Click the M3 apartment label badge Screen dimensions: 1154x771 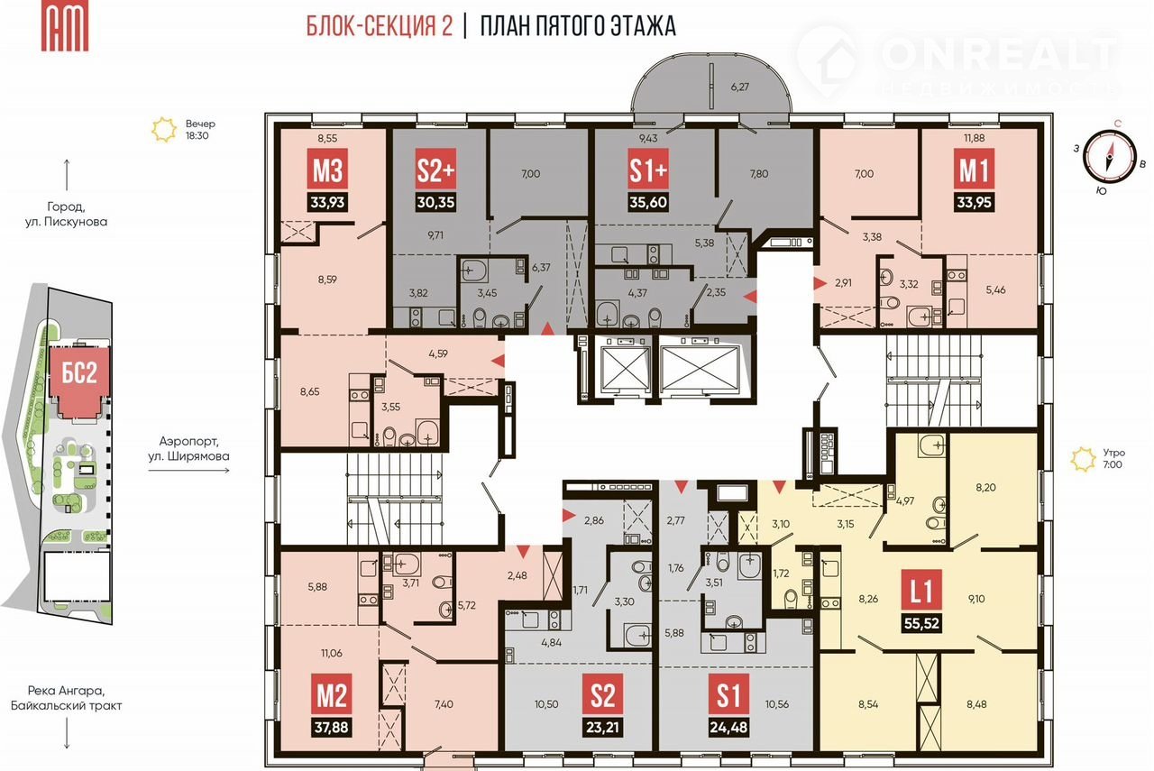tap(327, 169)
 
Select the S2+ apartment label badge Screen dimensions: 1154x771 tap(435, 169)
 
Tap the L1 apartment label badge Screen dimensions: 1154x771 tap(921, 590)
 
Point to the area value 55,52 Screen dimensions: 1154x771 tap(921, 623)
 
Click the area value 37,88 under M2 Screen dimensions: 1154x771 tap(332, 727)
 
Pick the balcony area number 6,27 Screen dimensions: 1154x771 tap(739, 87)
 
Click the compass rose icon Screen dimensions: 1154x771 tap(1110, 156)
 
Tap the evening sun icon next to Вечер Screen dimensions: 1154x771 tap(164, 129)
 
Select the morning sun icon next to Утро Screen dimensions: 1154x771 tap(1083, 459)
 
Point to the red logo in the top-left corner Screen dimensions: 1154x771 tap(65, 26)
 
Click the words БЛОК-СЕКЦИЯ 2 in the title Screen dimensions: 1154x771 tap(380, 26)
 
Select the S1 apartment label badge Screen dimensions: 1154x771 tap(728, 693)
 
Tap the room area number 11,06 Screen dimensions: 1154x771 tap(331, 653)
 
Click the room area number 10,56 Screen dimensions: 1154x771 tap(777, 704)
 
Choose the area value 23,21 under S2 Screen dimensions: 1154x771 tap(602, 727)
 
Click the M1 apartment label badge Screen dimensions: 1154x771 tap(974, 169)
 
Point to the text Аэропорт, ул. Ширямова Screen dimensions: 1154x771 tap(188, 448)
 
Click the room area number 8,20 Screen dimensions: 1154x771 tap(985, 487)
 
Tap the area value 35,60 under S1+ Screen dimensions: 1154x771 tap(648, 202)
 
